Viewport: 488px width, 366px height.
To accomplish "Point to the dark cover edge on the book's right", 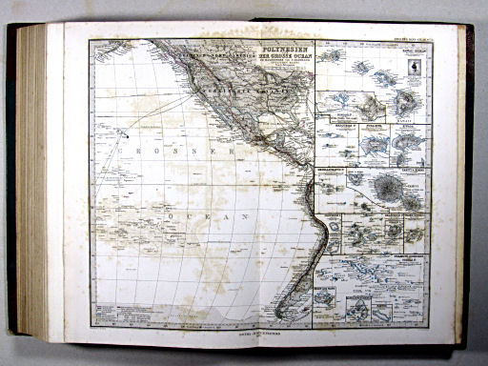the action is tap(466, 181).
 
